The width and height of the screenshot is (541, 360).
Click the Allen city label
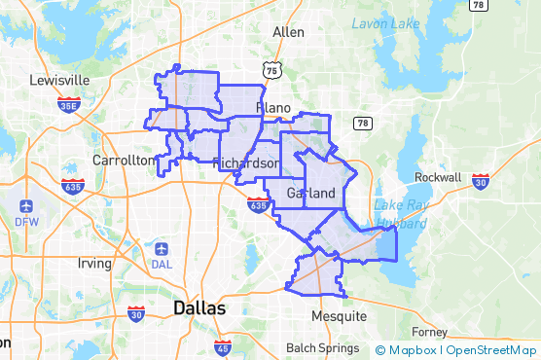pos(288,32)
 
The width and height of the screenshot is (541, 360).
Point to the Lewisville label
pos(59,80)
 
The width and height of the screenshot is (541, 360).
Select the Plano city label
pos(273,106)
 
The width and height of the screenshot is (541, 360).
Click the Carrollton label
pos(123,160)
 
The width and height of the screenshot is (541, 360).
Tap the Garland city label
pos(311,194)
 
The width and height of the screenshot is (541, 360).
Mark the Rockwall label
pos(438,178)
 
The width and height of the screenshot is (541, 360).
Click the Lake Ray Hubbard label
pos(401,214)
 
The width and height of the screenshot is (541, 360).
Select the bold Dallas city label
pos(198,307)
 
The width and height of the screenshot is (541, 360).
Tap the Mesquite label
pos(340,316)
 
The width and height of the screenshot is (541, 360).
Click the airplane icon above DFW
pos(25,207)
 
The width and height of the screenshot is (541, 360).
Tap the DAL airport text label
pos(162,266)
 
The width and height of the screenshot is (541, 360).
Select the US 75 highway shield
pos(271,69)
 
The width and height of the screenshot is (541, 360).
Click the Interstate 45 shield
pos(223,346)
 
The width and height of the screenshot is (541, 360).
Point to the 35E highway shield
pos(69,104)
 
